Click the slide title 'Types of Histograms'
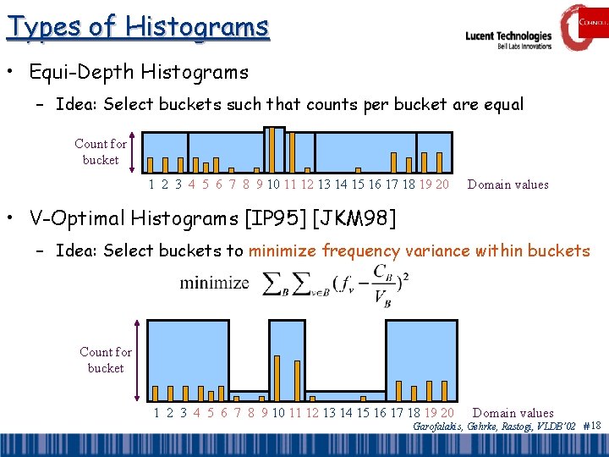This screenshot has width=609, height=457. point(138,26)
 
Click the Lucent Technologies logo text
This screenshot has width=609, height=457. point(508,36)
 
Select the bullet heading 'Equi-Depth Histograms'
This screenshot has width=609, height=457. point(139,72)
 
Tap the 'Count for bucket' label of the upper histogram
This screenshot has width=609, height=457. point(101,152)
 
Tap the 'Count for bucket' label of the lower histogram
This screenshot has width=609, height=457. point(106,360)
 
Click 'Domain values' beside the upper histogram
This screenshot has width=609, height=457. point(507,184)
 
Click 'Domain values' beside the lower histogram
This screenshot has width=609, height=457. point(513,413)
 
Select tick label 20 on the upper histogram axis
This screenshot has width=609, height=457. point(441,184)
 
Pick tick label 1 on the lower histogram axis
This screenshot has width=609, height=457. point(157,413)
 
